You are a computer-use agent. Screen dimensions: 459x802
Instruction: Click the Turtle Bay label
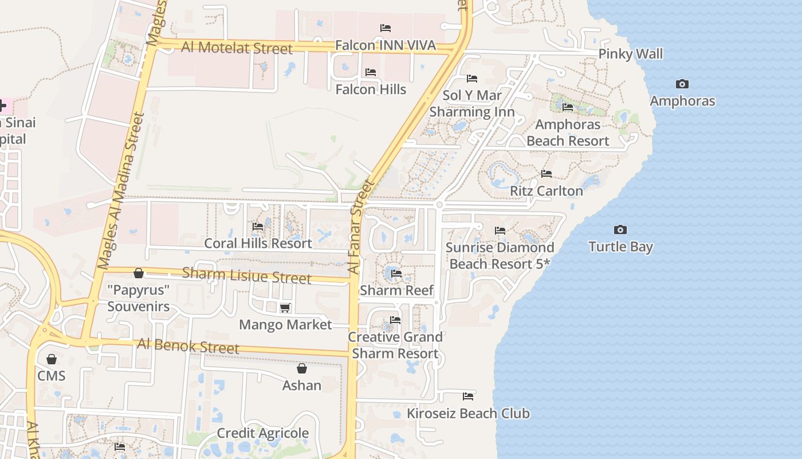click(621, 247)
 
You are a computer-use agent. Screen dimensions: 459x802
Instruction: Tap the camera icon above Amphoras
click(682, 84)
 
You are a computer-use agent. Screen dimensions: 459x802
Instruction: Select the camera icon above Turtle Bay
click(620, 230)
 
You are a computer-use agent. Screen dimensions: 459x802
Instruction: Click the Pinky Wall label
click(630, 54)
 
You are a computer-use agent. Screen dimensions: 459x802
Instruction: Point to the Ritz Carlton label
click(546, 190)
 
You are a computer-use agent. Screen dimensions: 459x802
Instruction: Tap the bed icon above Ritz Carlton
click(547, 174)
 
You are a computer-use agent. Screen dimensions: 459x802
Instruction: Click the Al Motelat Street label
click(237, 48)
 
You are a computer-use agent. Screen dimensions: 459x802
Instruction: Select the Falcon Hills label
click(371, 90)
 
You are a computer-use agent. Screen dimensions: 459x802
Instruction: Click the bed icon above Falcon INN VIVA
click(386, 28)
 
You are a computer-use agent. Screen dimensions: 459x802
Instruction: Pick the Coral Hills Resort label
click(258, 243)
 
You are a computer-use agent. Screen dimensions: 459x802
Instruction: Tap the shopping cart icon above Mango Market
click(285, 308)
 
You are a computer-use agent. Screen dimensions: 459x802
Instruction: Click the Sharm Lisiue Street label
click(246, 275)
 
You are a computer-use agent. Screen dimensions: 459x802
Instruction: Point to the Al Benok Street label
click(188, 346)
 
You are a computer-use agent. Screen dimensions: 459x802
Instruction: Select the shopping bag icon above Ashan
click(302, 368)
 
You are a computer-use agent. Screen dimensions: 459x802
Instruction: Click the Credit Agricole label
click(262, 433)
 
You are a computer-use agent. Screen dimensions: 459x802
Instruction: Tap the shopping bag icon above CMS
click(52, 359)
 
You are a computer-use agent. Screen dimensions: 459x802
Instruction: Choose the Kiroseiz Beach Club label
click(468, 413)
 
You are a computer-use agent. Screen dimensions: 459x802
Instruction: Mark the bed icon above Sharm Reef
click(396, 274)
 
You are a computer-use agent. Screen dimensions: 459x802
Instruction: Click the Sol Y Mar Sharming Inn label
click(472, 103)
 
